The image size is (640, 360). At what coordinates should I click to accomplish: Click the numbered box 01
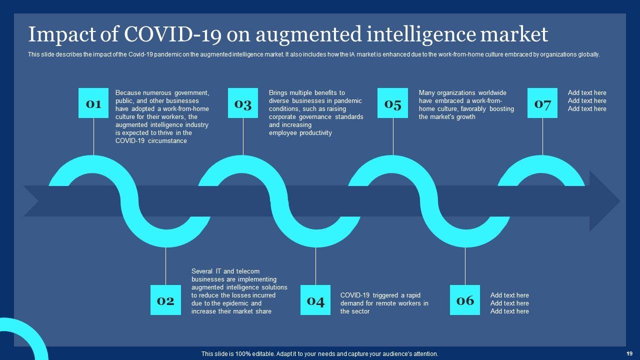point(93,103)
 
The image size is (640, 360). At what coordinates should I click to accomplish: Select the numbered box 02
point(165,300)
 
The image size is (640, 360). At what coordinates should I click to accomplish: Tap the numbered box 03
point(243,103)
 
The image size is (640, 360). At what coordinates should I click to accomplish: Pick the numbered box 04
point(315,300)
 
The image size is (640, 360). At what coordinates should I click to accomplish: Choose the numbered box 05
point(392,103)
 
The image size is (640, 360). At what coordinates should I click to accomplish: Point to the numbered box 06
point(465,300)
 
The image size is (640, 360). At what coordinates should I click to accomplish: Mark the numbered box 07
point(542,103)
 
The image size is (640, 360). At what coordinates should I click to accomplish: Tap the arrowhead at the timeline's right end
point(605,201)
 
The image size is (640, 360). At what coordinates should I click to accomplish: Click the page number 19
point(629,353)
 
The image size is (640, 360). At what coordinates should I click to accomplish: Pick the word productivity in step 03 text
point(315,133)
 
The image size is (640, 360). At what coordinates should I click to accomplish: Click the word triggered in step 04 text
point(385,295)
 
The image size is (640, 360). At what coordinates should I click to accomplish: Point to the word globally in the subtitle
point(588,55)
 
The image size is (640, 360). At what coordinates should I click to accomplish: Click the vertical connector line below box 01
point(93,136)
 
